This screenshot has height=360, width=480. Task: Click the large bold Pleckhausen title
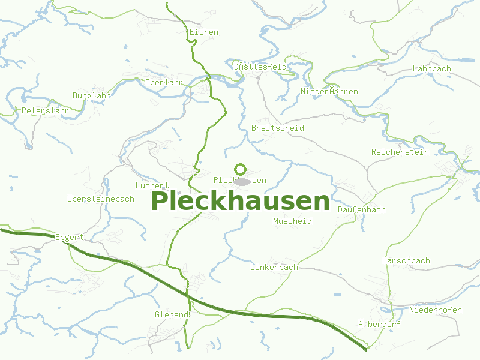tap(241, 202)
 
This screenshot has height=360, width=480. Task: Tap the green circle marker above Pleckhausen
tap(241, 169)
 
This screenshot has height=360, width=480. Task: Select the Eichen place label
tap(203, 32)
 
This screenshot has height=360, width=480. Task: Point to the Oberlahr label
tap(164, 82)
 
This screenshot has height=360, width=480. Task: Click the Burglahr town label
tap(91, 96)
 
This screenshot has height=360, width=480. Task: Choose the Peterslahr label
tap(45, 111)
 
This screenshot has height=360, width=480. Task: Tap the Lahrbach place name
tap(431, 69)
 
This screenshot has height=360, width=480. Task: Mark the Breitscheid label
tap(278, 128)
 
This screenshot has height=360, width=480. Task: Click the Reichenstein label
tap(400, 152)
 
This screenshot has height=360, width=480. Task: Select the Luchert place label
tap(152, 186)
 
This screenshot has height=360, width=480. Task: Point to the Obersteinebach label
tap(101, 199)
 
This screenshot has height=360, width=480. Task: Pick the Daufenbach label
tap(361, 210)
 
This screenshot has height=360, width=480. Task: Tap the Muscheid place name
tap(292, 221)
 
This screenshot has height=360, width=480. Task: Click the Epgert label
tap(69, 238)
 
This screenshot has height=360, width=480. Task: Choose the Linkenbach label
tap(274, 267)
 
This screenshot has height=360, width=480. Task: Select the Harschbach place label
tap(406, 261)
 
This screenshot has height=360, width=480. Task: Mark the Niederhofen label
tap(436, 310)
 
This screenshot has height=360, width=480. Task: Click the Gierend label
tap(172, 314)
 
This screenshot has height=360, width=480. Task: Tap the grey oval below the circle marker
tap(242, 181)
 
